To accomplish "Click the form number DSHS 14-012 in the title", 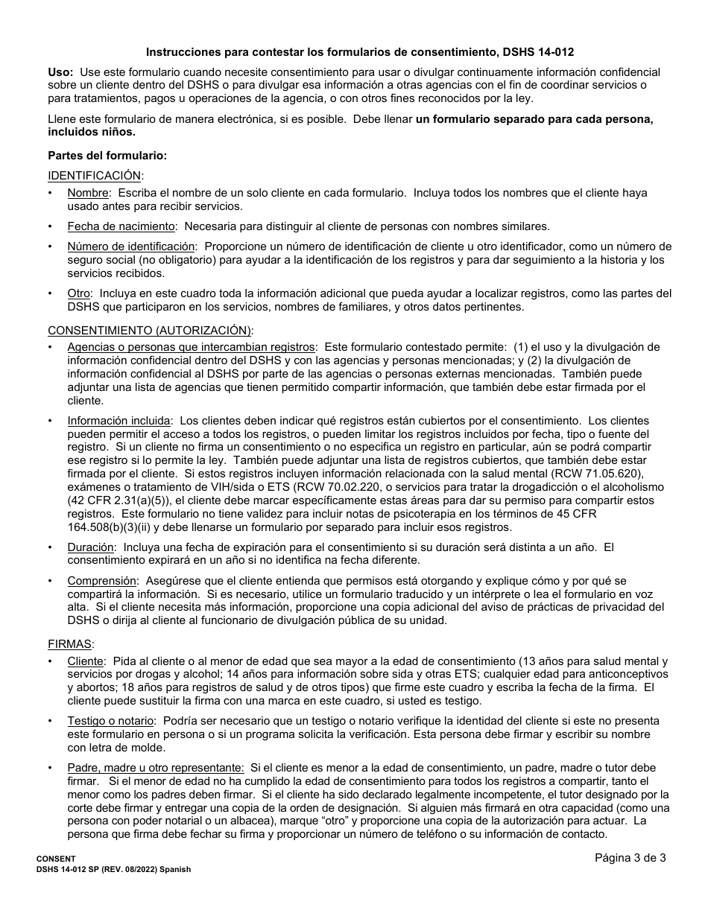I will tap(540, 53).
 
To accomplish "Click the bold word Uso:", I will tap(60, 72).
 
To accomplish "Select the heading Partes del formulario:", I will tap(107, 156).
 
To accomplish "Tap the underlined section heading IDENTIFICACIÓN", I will tap(95, 175).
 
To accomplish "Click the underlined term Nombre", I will tap(88, 193).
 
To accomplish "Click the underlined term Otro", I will tap(79, 293).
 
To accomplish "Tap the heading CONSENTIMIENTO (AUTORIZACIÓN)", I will tap(150, 330).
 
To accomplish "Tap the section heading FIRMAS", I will tap(70, 643).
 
